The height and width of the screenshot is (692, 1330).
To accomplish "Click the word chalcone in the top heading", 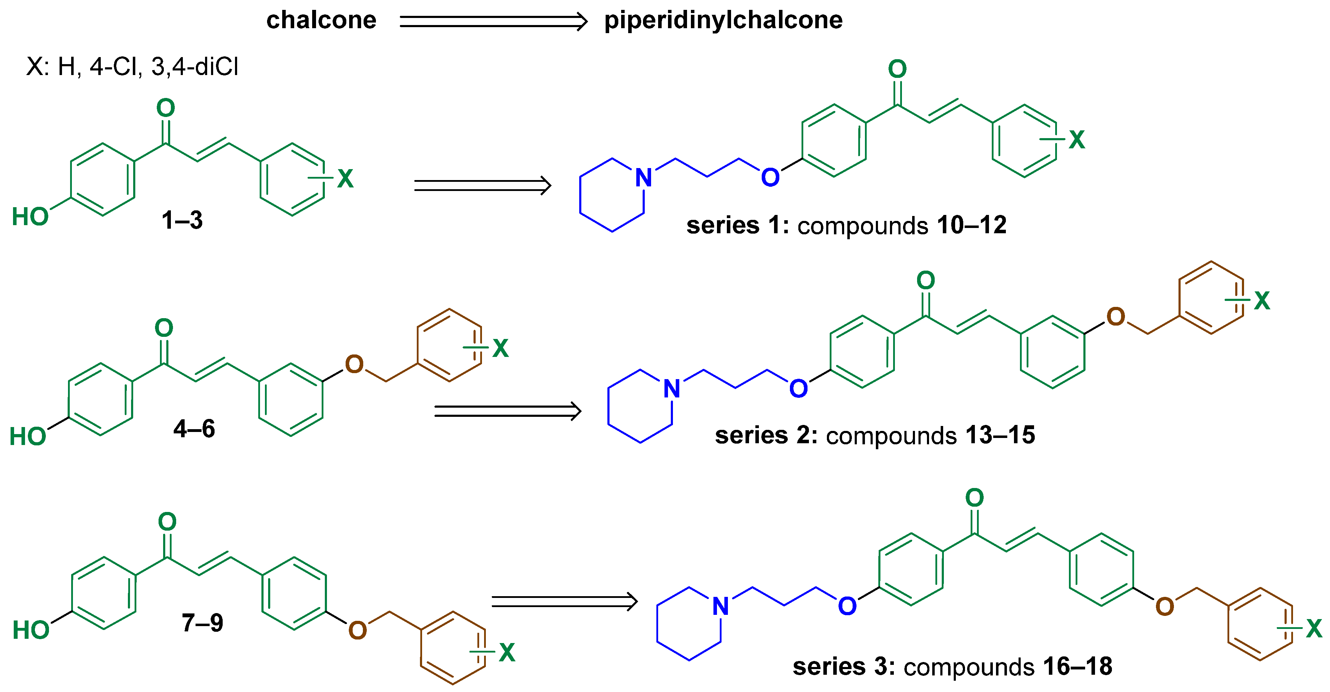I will tap(321, 21).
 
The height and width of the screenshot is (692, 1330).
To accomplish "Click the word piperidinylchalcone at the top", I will tap(723, 21).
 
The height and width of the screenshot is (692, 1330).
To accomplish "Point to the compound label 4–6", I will tap(194, 429).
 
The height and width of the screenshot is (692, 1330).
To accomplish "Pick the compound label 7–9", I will tap(202, 623).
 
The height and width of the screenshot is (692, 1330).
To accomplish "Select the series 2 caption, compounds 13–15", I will tap(874, 435).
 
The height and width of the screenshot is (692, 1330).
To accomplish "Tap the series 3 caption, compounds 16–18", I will tap(952, 667).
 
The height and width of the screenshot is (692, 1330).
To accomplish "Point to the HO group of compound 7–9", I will tap(31, 630).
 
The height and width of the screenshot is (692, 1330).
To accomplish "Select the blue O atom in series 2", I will tap(798, 388).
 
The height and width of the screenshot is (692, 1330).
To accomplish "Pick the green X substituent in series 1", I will tap(1076, 140).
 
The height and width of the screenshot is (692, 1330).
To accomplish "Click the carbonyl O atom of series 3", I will tap(974, 498).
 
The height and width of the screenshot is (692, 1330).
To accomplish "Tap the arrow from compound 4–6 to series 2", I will tap(508, 411).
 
